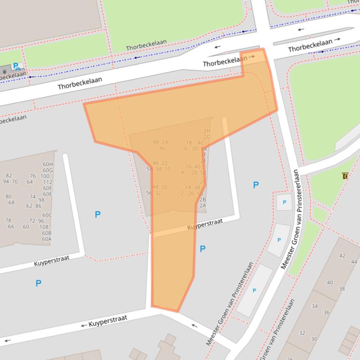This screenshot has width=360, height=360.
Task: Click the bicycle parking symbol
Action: [17, 66]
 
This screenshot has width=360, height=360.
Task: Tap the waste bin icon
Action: [4, 71]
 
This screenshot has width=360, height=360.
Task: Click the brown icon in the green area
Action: [345, 176]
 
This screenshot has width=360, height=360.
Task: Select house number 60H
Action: [48, 164]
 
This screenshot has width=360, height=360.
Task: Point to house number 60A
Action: [46, 239]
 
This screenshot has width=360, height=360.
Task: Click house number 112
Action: [48, 182]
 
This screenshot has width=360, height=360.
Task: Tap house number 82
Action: [9, 176]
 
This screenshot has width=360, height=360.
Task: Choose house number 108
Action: [44, 227]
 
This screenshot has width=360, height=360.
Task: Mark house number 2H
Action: [206, 131]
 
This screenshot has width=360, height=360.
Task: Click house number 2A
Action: [202, 205]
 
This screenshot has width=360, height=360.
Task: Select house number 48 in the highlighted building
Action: [156, 142]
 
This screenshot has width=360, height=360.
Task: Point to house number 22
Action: [164, 163]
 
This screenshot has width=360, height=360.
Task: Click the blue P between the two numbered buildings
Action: [97, 215]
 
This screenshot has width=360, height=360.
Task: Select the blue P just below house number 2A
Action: [202, 249]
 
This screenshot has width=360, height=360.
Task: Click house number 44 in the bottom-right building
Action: [354, 262]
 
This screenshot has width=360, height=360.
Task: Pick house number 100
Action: [44, 176]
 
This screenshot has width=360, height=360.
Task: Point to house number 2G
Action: [206, 137]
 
